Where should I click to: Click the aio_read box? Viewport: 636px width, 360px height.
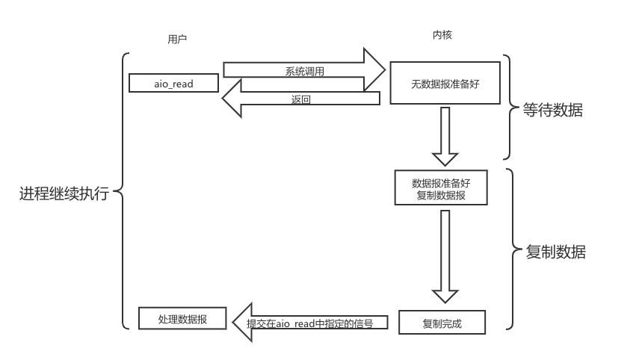coord(173,84)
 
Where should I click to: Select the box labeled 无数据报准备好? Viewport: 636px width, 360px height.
coord(444,84)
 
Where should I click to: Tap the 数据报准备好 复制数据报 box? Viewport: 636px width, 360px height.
coord(442,187)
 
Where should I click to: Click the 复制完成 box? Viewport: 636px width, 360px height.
coord(442,323)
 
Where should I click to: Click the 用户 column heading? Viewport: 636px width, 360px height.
coord(176,40)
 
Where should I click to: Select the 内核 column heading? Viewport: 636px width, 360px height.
coord(442,35)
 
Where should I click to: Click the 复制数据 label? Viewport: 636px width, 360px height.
coord(556,252)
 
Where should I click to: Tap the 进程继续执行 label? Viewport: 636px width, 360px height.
coord(64,194)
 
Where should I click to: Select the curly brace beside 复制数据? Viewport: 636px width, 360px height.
coord(511,249)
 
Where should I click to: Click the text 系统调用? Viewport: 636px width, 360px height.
coord(304,71)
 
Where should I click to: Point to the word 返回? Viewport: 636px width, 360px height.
coord(300,99)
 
